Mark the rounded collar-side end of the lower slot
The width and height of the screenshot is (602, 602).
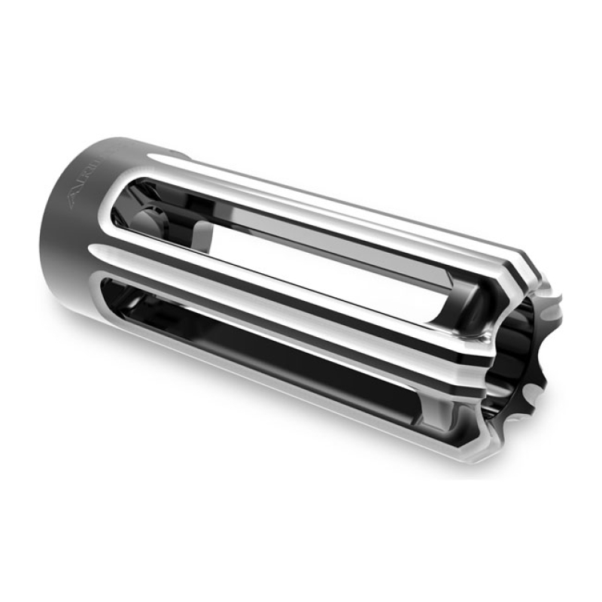(x=113, y=290)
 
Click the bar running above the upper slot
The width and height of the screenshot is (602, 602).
(x=339, y=203)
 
